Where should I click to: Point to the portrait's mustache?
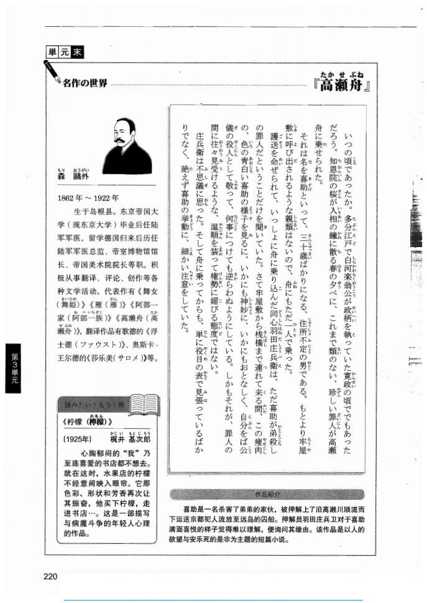[x=121, y=140]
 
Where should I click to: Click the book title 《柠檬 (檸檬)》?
[x=84, y=421]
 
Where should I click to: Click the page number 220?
[x=51, y=576]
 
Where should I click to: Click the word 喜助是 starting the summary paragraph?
[x=194, y=508]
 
